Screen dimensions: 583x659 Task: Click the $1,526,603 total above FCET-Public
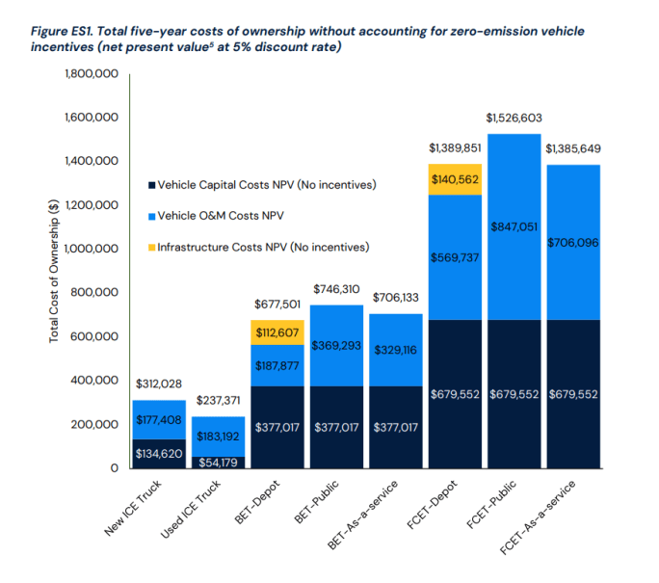click(x=514, y=117)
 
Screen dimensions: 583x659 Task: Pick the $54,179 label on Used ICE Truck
click(x=219, y=462)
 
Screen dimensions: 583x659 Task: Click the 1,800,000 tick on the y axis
click(x=92, y=74)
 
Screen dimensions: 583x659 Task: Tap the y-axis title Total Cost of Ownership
click(x=54, y=271)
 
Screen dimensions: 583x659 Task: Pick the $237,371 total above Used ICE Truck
click(x=219, y=400)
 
